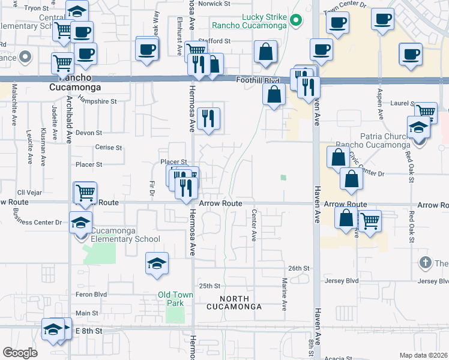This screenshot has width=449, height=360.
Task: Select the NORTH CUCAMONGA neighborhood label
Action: [234, 302]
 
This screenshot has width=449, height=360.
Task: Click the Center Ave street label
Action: [255, 226]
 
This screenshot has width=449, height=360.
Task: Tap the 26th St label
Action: [298, 268]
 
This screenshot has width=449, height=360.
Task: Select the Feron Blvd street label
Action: [91, 295]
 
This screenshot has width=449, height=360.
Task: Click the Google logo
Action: [20, 353]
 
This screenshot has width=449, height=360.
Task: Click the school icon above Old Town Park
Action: [157, 263]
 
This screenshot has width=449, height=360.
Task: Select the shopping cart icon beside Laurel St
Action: [426, 111]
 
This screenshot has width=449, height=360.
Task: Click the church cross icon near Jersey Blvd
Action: [425, 262]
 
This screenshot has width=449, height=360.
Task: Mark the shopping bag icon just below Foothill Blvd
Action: [274, 94]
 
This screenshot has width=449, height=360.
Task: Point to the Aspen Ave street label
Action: [380, 106]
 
